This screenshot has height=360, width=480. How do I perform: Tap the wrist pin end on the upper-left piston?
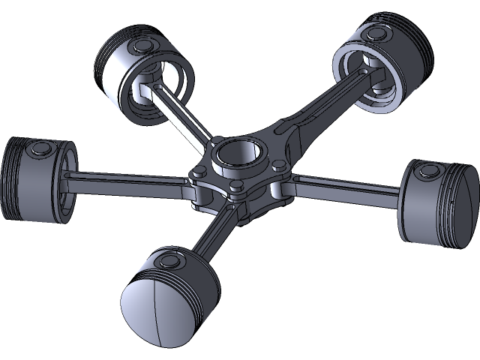tap(142, 48)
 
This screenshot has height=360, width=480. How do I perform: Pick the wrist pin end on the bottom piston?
tap(169, 261)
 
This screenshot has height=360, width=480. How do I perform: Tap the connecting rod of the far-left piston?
tap(127, 179)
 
